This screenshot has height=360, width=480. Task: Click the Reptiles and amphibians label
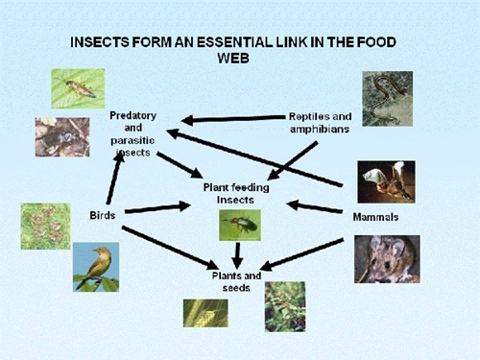pyautogui.click(x=318, y=122)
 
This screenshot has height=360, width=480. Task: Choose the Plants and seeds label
pyautogui.click(x=239, y=281)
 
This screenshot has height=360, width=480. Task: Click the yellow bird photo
pyautogui.click(x=96, y=266)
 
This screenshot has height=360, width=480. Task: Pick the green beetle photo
pyautogui.click(x=238, y=226)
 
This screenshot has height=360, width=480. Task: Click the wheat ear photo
pyautogui.click(x=205, y=313)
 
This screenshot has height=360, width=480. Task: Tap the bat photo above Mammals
pyautogui.click(x=386, y=181)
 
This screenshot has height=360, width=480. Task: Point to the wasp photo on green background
pyautogui.click(x=78, y=87)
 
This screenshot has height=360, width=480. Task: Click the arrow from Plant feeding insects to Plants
pyautogui.click(x=238, y=255)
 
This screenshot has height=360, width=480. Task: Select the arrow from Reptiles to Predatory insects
pyautogui.click(x=230, y=119)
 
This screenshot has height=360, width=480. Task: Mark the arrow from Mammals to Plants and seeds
pyautogui.click(x=308, y=253)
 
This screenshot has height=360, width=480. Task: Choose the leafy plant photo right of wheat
pyautogui.click(x=284, y=306)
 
